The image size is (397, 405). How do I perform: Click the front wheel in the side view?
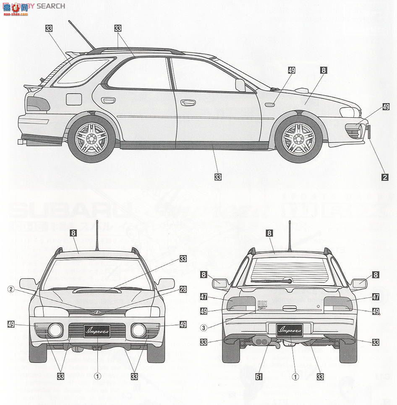(299, 137)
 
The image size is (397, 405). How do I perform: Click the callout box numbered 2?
(384, 177)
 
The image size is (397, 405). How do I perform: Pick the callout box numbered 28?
(183, 289)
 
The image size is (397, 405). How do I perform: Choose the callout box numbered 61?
(259, 376)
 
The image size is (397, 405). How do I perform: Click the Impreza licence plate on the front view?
(97, 331)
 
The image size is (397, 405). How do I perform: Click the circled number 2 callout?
(11, 289)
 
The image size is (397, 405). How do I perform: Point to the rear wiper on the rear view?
(273, 281)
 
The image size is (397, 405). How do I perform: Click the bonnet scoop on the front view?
(97, 290)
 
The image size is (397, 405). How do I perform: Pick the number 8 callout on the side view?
(323, 71)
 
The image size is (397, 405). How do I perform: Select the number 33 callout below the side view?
(217, 177)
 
